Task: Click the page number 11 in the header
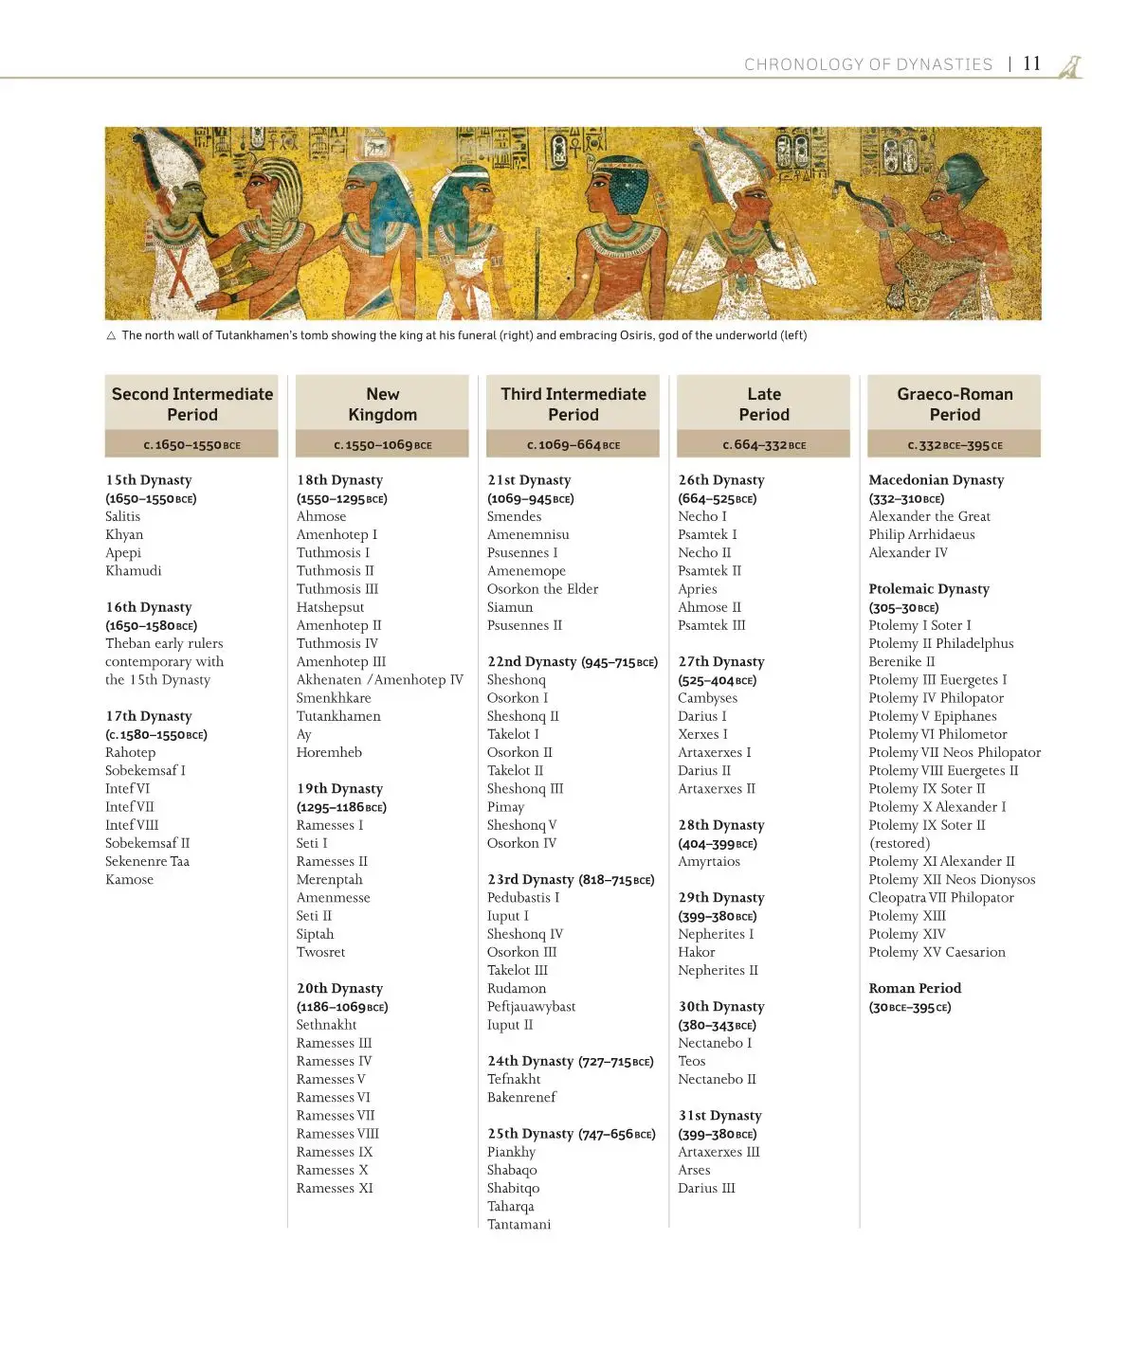point(1031,63)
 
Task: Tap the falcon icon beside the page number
point(1070,65)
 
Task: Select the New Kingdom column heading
point(382,404)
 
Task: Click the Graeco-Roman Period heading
point(955,404)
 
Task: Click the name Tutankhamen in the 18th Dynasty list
point(338,716)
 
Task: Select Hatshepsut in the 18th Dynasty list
point(330,607)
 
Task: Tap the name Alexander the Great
point(929,516)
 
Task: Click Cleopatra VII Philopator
point(941,897)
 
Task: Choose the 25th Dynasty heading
point(530,1134)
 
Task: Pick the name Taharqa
point(510,1206)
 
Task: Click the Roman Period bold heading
point(915,988)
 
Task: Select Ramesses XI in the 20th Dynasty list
point(335,1188)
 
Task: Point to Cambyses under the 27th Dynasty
point(707,698)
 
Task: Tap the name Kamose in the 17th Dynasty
point(129,879)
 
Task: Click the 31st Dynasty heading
point(719,1116)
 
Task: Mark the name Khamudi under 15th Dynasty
point(133,570)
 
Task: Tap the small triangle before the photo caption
point(111,335)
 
